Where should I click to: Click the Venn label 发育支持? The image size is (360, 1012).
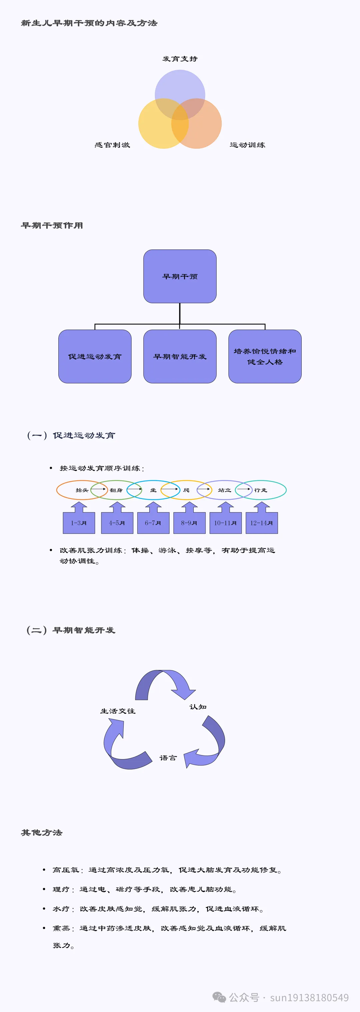180,59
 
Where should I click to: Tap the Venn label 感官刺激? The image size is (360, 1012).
112,145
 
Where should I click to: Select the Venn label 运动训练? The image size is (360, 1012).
247,145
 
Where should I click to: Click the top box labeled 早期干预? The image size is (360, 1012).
180,276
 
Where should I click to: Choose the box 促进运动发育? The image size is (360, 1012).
95,356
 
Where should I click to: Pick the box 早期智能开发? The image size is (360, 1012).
180,356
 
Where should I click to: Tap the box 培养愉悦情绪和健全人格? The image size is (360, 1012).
265,356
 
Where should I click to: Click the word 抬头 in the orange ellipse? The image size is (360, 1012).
82,490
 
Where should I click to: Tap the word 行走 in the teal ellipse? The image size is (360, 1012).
261,490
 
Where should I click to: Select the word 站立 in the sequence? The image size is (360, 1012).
224,490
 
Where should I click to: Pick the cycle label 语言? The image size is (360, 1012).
168,758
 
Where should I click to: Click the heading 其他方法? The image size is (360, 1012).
42,833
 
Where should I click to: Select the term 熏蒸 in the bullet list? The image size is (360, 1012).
61,928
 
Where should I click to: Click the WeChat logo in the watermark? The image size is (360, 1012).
219,997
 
